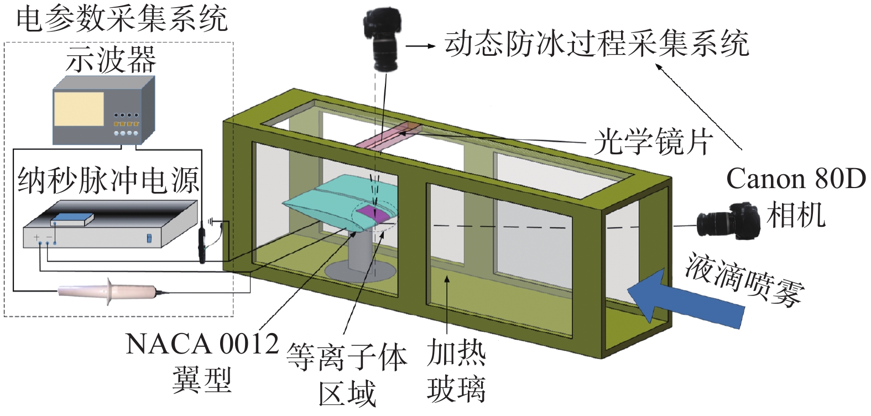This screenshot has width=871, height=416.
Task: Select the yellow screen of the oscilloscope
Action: pos(79,108)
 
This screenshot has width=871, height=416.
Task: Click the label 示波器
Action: pos(111,60)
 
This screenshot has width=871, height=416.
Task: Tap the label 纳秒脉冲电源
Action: pos(108,181)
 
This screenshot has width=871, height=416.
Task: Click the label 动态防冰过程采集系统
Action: pos(597,43)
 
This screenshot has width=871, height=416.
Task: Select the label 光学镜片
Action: pos(653,142)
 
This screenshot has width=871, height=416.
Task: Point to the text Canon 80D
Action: pos(796,179)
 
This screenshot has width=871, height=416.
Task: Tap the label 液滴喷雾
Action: pos(743,280)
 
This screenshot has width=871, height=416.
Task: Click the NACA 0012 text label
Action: pos(202,344)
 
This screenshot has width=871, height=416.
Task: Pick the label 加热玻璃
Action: pos(456,371)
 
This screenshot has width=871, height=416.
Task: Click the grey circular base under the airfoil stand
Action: pos(359,271)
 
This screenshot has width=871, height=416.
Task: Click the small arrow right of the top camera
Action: pos(421,46)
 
